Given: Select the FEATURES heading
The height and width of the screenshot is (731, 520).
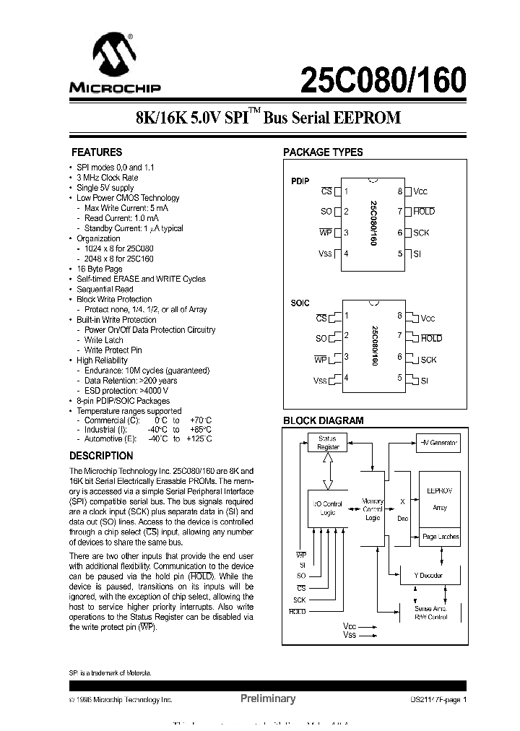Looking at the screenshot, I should [x=96, y=152].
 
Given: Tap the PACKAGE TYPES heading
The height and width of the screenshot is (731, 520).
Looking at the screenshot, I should [x=323, y=152].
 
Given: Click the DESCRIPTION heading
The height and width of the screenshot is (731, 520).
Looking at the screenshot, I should [x=101, y=456].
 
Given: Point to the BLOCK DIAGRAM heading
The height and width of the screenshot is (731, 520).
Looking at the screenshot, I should [x=323, y=420].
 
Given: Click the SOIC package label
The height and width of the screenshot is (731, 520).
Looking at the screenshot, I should [x=300, y=303].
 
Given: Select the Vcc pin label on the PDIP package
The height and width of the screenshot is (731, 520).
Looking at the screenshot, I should [x=420, y=191].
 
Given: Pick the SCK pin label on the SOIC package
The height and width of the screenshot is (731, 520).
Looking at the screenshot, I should [x=429, y=360].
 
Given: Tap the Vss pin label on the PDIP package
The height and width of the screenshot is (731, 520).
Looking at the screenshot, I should [x=325, y=254].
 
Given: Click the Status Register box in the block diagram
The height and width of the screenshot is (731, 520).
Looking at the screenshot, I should [x=328, y=443].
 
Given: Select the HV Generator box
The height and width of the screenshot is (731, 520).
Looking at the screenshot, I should [x=438, y=441].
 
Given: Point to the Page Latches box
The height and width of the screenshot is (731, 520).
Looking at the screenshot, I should [x=440, y=537].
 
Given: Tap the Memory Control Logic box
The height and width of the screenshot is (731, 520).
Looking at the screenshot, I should [x=373, y=509].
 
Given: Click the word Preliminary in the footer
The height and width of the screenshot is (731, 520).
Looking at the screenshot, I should [x=267, y=698].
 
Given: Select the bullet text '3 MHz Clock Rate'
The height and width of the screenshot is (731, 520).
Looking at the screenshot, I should [x=108, y=177].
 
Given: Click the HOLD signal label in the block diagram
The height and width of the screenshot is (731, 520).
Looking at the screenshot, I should [x=297, y=612].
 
